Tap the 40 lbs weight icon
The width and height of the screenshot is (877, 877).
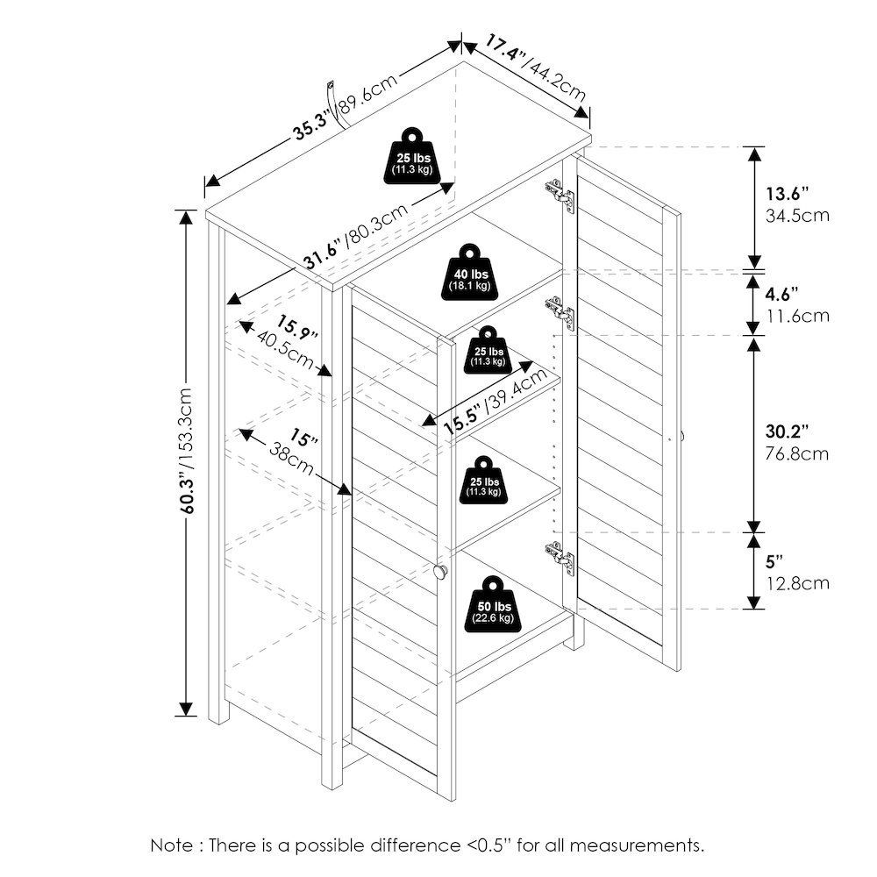click(x=470, y=273)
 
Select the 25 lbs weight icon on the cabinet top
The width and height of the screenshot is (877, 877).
click(x=413, y=156)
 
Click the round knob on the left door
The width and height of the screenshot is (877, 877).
click(x=440, y=571)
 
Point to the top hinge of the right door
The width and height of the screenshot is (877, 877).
click(x=560, y=196)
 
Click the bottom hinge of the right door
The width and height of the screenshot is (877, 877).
click(x=560, y=558)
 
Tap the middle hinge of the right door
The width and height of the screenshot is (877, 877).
click(x=560, y=313)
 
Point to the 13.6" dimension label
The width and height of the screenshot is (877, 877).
click(x=787, y=194)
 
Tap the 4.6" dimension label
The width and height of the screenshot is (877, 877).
click(x=781, y=294)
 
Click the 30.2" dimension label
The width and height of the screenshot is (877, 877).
click(x=787, y=431)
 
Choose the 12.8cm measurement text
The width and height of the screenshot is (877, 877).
click(x=797, y=584)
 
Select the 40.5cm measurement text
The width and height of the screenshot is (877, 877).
click(x=284, y=351)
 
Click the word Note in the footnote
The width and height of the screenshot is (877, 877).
click(x=171, y=845)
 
